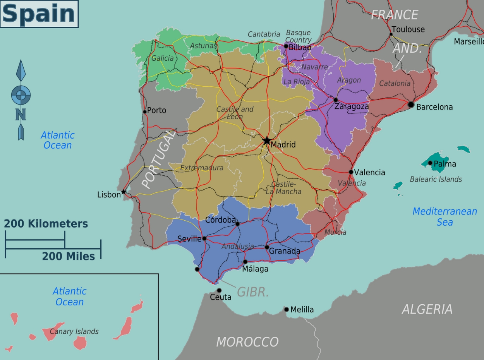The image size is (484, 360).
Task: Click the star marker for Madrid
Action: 267,141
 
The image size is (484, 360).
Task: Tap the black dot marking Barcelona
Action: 411,105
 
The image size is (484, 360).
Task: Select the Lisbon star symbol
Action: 124,192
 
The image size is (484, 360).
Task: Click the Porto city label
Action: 156,111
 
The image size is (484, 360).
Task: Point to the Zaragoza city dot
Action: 336,100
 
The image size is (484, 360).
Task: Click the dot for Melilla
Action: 287,309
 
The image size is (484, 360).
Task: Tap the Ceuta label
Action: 220,297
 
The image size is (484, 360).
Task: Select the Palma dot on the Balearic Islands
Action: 430,163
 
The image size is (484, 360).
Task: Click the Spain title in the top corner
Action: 39,14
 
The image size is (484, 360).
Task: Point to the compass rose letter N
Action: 21,114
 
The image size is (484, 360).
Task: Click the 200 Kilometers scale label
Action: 46,224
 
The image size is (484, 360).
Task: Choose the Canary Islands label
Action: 74,331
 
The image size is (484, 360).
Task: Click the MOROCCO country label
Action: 247,342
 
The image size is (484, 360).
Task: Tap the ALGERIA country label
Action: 427,309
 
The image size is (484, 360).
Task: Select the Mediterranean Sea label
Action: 445,217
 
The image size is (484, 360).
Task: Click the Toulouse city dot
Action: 391,34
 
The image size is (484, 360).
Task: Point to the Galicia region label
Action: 162,58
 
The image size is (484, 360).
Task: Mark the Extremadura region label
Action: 201,168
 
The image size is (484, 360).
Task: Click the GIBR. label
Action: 253,292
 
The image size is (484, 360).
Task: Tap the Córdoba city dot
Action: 237,224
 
